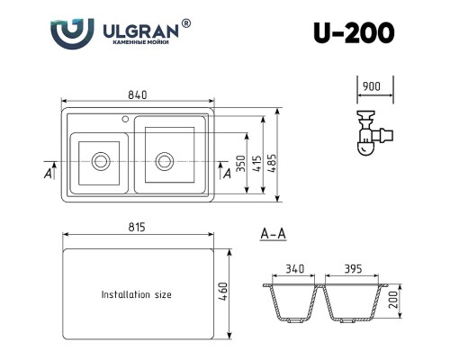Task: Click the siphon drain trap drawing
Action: point(370,133)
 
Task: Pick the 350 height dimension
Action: point(240,162)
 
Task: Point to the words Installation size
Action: point(136,294)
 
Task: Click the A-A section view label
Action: point(273,235)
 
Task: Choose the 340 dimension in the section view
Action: point(293,269)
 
